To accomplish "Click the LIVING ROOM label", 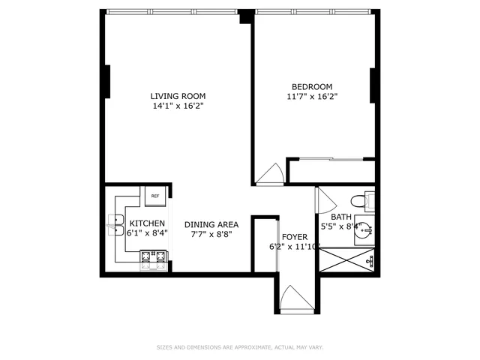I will [x=178, y=96].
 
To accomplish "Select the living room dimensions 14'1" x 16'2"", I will [x=178, y=106].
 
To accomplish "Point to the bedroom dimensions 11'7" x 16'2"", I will [x=311, y=97].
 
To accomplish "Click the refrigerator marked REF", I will [x=155, y=196].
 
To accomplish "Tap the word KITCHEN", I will [x=148, y=223].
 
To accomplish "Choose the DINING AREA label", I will [x=211, y=224].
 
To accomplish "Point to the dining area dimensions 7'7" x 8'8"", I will [x=211, y=234].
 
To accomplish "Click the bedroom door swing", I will [x=268, y=175].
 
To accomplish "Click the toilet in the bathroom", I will [x=360, y=200].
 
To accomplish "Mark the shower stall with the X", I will [x=345, y=262].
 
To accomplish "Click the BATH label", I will [x=341, y=217].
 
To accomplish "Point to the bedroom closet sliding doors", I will [x=330, y=159].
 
